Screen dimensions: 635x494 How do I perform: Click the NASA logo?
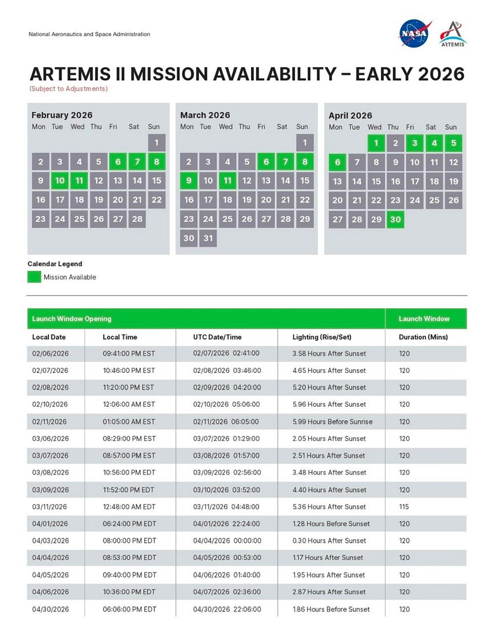pos(414,33)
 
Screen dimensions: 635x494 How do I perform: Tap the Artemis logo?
pos(452,34)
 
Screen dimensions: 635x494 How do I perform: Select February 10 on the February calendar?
pos(60,181)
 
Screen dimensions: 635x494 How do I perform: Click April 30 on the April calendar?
pos(395,219)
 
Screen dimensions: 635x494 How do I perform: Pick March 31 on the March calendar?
pos(208,238)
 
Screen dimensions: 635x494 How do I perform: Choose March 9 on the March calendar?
pos(189,181)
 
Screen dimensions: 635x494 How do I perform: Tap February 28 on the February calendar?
pos(137,219)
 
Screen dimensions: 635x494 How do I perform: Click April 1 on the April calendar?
pos(376,143)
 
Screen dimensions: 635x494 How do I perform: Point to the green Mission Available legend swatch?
pos(34,277)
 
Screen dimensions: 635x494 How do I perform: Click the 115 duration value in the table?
pos(404,507)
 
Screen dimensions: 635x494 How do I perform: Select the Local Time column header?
pos(120,337)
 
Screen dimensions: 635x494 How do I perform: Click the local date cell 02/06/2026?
pos(51,354)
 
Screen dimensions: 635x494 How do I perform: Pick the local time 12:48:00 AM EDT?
pos(129,507)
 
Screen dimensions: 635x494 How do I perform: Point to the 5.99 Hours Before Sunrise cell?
pos(332,422)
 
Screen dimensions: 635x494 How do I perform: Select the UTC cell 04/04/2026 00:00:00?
pos(227,541)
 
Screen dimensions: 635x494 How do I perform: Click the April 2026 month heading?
pos(350,116)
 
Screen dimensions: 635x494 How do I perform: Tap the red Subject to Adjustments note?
pos(68,89)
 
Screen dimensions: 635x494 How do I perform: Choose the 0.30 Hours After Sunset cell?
pos(329,541)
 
